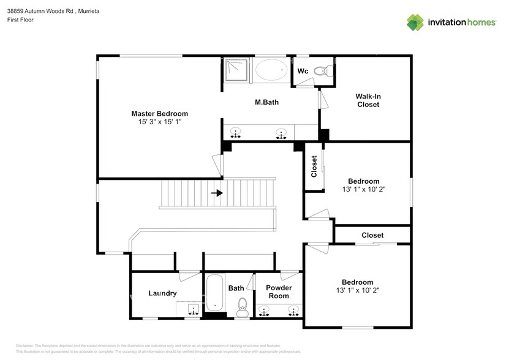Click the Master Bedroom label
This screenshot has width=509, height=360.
coord(159,113)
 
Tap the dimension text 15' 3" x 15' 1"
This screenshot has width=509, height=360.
coord(159,122)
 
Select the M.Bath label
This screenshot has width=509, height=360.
coord(266,102)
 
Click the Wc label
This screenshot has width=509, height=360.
coord(302,72)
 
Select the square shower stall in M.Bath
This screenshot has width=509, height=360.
coord(236,70)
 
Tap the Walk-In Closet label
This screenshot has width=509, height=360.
coord(368,100)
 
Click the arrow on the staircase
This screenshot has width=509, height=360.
coord(217,193)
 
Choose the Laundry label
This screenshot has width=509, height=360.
coord(162,293)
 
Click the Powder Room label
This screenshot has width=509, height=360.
coord(279,291)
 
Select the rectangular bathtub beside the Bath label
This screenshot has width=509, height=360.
coord(214,294)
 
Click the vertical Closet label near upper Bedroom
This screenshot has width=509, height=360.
coord(314,167)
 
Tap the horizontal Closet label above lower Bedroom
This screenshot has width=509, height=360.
coord(372,235)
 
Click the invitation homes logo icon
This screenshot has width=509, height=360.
coord(416,22)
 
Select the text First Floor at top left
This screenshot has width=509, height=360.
coord(20,20)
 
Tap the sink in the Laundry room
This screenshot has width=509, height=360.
coord(193,310)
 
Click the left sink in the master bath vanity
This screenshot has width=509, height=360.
coord(235,133)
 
